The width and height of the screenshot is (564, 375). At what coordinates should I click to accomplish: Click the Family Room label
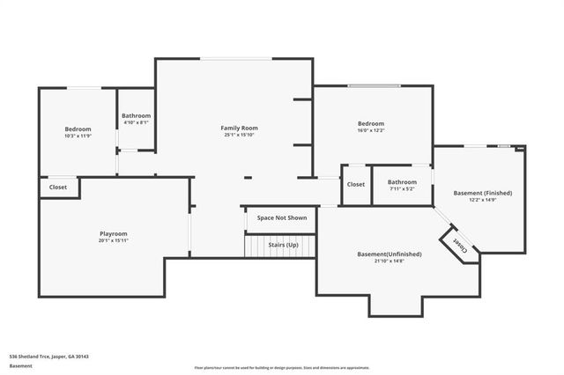239,129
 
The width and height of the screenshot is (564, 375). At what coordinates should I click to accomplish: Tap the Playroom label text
113,233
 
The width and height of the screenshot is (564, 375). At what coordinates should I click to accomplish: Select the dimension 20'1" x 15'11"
113,240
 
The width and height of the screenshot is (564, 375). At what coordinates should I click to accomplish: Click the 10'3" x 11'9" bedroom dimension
78,136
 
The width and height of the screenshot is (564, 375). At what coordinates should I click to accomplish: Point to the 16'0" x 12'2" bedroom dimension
370,130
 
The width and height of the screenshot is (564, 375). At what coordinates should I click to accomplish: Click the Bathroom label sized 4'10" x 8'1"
136,116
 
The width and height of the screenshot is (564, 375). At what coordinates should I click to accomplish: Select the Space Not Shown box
281,217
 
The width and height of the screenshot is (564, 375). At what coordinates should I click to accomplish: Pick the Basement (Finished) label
482,193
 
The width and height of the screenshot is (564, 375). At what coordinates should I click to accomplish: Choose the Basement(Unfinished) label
389,254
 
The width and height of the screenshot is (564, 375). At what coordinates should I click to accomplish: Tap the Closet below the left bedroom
58,187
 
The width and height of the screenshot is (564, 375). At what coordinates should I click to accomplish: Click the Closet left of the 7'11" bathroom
356,184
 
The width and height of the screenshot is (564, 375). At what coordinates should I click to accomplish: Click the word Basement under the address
20,365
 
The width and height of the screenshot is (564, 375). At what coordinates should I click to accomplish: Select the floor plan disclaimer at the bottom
281,367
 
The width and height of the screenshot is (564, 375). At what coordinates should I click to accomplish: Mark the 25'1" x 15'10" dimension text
239,136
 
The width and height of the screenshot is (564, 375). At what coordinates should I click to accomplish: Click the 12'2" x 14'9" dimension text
482,200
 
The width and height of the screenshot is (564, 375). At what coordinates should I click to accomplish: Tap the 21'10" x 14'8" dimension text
389,261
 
